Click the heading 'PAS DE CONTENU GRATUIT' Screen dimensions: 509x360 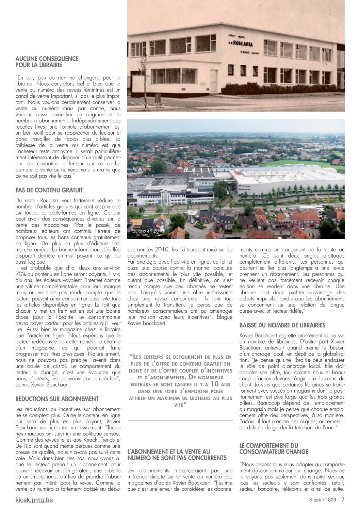pyautogui.click(x=49, y=190)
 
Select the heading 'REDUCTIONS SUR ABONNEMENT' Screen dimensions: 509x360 pyautogui.click(x=57, y=399)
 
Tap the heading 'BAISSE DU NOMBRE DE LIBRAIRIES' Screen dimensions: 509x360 pyautogui.click(x=282, y=326)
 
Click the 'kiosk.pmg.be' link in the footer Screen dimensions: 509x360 pyautogui.click(x=34, y=500)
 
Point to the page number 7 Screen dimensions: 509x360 pyautogui.click(x=343, y=499)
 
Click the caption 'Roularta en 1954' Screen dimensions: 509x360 pyautogui.click(x=147, y=104)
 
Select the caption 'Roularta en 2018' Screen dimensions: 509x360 pyautogui.click(x=148, y=231)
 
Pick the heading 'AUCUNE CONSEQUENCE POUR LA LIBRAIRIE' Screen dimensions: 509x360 pyautogui.click(x=47, y=62)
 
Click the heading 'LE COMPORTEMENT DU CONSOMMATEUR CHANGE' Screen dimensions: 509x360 pyautogui.click(x=269, y=448)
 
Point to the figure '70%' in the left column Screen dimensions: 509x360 pyautogui.click(x=21, y=274)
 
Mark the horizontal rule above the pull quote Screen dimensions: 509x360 pyautogui.click(x=180, y=344)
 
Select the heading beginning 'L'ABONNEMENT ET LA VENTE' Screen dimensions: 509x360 pyautogui.click(x=177, y=455)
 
